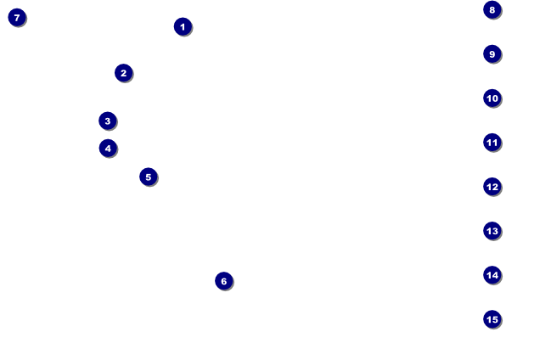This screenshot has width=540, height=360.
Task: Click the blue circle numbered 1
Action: tap(183, 26)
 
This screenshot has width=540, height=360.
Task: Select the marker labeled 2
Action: tap(123, 73)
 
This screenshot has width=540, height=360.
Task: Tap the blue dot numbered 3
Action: tap(107, 121)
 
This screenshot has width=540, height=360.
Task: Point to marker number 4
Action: tap(108, 149)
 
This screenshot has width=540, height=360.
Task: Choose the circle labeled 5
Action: tap(149, 177)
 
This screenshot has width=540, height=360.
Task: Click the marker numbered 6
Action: tap(223, 281)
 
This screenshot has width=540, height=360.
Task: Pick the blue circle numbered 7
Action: tap(17, 17)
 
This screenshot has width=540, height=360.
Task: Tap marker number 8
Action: tap(492, 10)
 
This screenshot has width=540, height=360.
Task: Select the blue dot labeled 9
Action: tap(492, 54)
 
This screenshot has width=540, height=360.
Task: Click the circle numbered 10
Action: tap(492, 98)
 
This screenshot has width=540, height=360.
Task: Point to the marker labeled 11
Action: tap(492, 143)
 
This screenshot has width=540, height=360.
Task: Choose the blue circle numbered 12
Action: tap(492, 187)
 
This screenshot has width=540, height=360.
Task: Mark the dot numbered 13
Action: tap(492, 231)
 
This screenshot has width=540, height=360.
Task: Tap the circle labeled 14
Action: tap(492, 275)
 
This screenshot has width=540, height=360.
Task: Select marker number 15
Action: tap(492, 319)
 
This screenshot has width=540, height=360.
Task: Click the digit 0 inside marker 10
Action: tap(495, 98)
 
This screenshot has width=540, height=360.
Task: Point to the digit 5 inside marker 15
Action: tap(495, 319)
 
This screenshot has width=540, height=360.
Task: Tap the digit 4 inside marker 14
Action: tap(495, 275)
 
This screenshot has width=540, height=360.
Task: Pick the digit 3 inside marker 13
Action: tap(495, 231)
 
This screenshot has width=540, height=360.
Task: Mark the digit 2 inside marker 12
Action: tap(495, 187)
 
